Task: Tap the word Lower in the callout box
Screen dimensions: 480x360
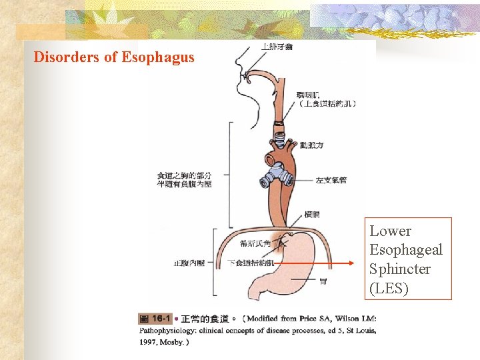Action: point(390,231)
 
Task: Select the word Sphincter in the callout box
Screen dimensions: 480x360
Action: point(400,269)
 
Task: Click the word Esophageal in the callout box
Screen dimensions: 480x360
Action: point(405,250)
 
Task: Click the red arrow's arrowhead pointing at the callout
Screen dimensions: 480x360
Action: point(353,263)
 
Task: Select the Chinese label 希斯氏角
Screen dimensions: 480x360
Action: point(254,243)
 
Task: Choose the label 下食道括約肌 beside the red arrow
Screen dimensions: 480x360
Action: point(250,263)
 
